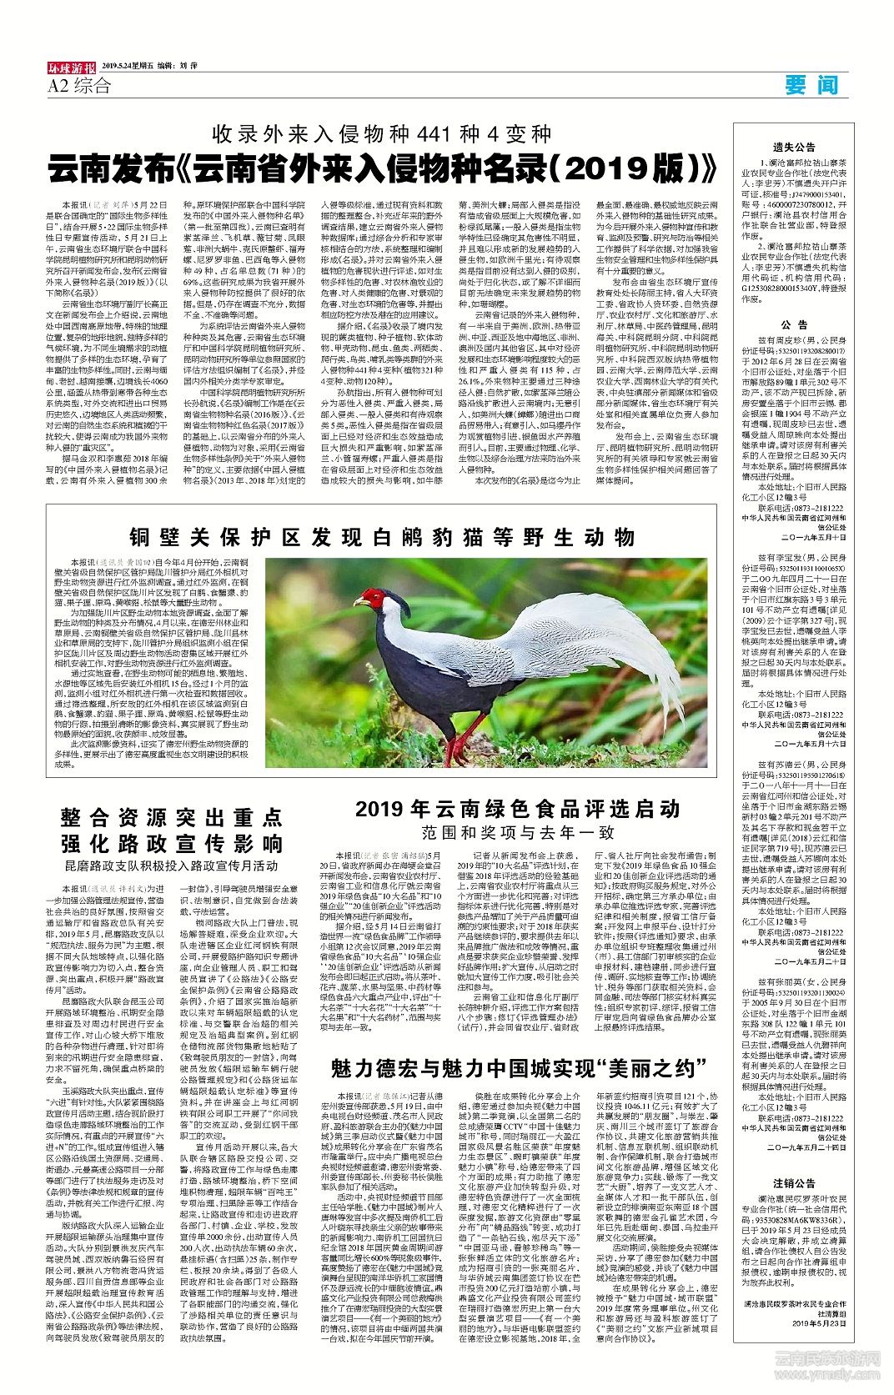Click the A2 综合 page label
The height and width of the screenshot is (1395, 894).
[79, 86]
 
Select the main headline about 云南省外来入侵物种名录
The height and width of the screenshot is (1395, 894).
[382, 168]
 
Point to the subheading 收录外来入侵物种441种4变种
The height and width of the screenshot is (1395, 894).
[381, 133]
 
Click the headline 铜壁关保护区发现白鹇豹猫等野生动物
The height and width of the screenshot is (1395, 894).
[381, 536]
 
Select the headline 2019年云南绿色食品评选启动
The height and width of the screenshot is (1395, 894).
[517, 808]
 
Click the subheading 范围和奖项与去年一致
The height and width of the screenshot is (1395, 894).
[517, 832]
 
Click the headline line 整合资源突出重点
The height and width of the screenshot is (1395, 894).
[172, 815]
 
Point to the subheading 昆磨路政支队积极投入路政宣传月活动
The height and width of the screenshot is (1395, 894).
[172, 866]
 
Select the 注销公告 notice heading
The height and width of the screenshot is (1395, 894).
[793, 1182]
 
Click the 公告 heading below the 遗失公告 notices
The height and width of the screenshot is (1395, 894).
[793, 324]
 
